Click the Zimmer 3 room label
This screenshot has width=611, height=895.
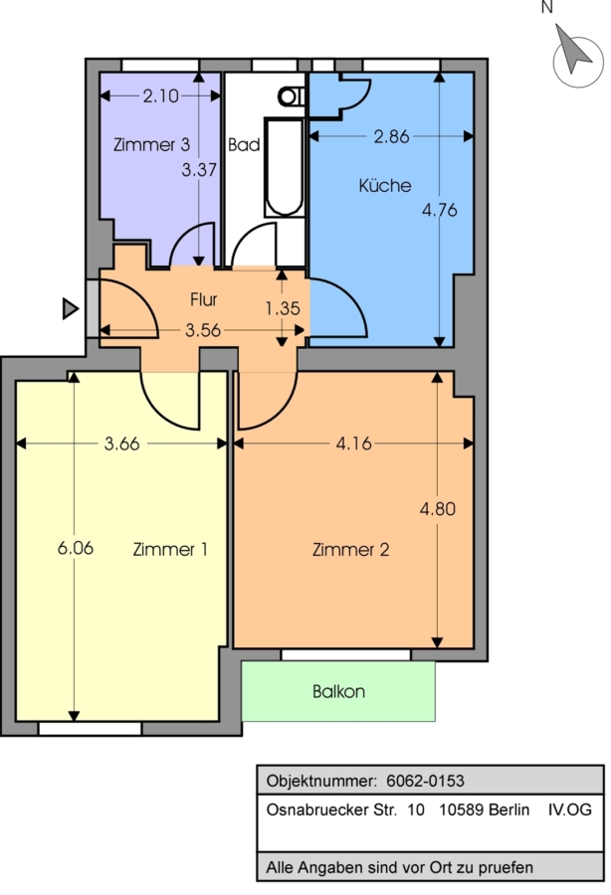coord(151,144)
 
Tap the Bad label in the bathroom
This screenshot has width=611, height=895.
coord(244,144)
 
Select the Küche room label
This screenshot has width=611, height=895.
coord(385,185)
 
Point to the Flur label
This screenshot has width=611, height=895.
coord(204,299)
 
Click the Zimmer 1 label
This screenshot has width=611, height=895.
coord(170,549)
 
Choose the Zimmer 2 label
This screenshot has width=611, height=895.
coord(350,549)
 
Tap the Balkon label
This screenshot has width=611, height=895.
coord(338,691)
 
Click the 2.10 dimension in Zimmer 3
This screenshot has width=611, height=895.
coord(160,95)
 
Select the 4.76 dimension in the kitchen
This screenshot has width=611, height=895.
coord(440,210)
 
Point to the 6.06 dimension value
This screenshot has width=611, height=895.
coord(76,548)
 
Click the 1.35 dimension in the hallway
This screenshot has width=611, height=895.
coord(283,308)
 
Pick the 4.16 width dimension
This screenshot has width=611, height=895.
coord(353,443)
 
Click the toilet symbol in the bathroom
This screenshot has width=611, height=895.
coord(292,95)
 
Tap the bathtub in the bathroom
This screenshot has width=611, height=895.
coord(285,167)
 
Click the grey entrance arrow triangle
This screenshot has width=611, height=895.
coord(71,308)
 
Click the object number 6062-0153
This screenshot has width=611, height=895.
coord(426,781)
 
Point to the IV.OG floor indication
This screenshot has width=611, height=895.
coord(570,809)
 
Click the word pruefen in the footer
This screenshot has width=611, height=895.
coord(506,868)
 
